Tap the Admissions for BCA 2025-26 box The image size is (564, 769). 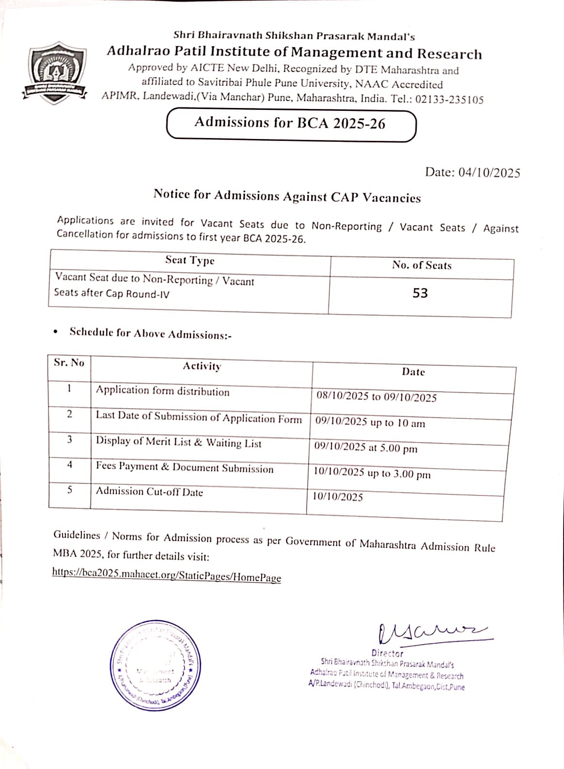[290, 124]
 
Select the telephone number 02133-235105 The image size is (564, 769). [449, 100]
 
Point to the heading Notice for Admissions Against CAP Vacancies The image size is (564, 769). [287, 196]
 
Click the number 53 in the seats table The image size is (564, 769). [420, 293]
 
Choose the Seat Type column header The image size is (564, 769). [189, 261]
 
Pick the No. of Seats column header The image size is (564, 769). [422, 265]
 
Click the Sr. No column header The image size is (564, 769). [69, 363]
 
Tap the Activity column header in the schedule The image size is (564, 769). [202, 367]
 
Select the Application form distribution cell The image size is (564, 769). [162, 391]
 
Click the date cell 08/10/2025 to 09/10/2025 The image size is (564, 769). [376, 397]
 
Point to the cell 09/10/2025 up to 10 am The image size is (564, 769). [370, 422]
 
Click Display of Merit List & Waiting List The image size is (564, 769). [178, 442]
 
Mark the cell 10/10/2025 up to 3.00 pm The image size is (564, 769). [372, 473]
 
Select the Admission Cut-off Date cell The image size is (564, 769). [149, 492]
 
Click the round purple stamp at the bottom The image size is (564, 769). [155, 665]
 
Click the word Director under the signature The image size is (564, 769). [387, 653]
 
